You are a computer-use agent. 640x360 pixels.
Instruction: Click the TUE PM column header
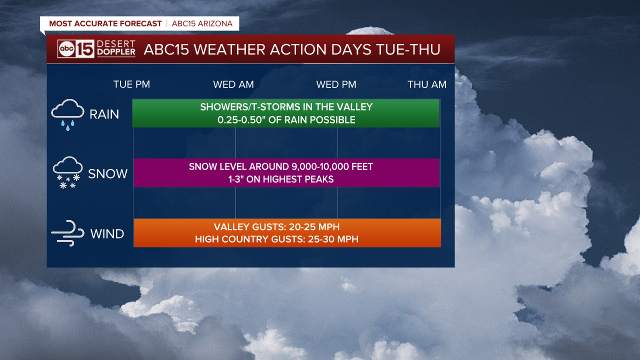(x=131, y=84)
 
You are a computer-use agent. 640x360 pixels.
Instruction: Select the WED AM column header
(x=233, y=84)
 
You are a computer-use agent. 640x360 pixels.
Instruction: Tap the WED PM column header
(x=336, y=84)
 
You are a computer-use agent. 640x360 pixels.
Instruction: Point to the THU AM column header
(x=427, y=84)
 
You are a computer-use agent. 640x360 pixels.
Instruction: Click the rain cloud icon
(x=67, y=115)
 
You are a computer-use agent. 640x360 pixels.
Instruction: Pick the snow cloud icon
(x=67, y=172)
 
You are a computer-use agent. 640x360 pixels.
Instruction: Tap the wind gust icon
(x=67, y=233)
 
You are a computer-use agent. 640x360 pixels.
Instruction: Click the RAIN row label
(x=104, y=114)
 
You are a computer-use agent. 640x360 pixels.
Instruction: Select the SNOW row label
(x=107, y=173)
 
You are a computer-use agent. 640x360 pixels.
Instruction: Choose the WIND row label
(x=107, y=233)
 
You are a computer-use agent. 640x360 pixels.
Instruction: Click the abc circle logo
(x=66, y=49)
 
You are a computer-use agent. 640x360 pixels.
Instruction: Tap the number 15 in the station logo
(x=85, y=49)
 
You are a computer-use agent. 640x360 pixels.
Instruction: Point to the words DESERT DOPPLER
(x=116, y=47)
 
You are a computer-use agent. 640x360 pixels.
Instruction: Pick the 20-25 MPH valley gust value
(x=314, y=227)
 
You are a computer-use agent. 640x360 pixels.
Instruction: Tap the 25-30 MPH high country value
(x=333, y=239)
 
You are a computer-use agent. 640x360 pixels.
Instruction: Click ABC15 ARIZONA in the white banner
(x=202, y=23)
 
